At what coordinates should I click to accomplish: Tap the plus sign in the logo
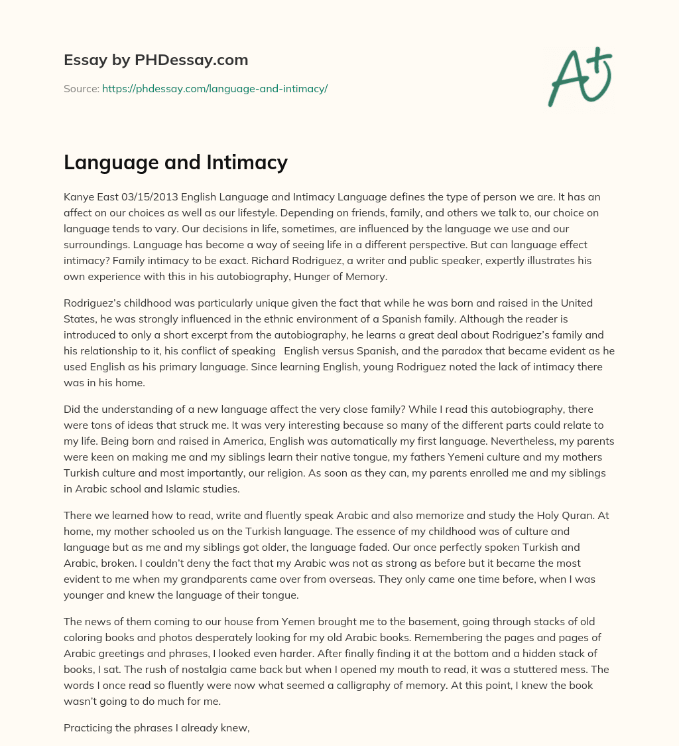tap(601, 59)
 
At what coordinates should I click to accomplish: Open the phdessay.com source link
tap(215, 88)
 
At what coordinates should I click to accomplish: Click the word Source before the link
tap(81, 88)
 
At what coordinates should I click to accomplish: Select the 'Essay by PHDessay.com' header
tap(156, 60)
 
